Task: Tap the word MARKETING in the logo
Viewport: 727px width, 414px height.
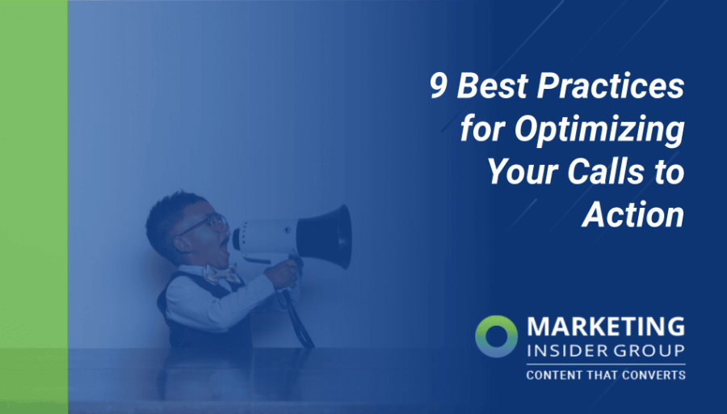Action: click(x=605, y=327)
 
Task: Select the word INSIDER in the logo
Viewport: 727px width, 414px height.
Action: click(x=565, y=352)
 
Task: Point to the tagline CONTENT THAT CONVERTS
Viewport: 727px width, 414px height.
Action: click(x=605, y=375)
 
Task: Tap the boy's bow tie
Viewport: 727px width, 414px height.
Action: click(x=221, y=275)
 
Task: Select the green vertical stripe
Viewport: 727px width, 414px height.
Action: click(x=33, y=207)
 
